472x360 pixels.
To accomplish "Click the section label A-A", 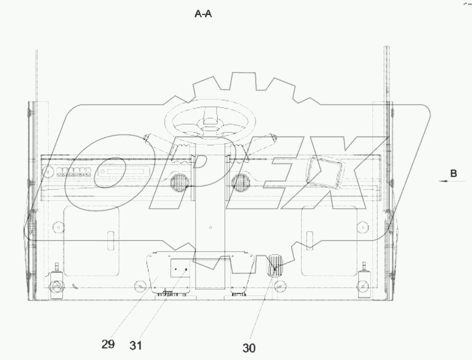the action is pyautogui.click(x=203, y=14).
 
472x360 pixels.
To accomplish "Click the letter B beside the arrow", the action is pyautogui.click(x=453, y=173).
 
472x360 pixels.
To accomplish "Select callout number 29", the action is pyautogui.click(x=108, y=343).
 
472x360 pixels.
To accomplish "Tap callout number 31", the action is pyautogui.click(x=135, y=345).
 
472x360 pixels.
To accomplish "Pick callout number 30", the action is pyautogui.click(x=249, y=348).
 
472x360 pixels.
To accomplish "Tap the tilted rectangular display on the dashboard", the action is pyautogui.click(x=323, y=173).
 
